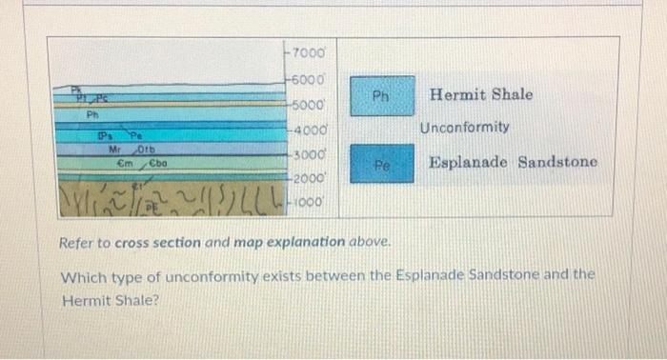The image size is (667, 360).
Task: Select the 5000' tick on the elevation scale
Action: click(x=307, y=105)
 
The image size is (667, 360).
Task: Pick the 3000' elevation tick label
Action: click(x=307, y=153)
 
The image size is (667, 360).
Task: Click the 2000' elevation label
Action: click(x=307, y=178)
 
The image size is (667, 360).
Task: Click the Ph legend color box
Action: click(x=381, y=96)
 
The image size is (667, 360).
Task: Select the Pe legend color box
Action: click(x=381, y=164)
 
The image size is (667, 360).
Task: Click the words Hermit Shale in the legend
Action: click(x=481, y=95)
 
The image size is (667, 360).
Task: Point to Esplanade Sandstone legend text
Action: click(x=513, y=162)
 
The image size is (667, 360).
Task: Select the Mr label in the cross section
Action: click(x=114, y=150)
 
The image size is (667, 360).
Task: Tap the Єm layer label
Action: click(x=124, y=162)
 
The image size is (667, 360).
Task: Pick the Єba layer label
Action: click(x=158, y=162)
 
